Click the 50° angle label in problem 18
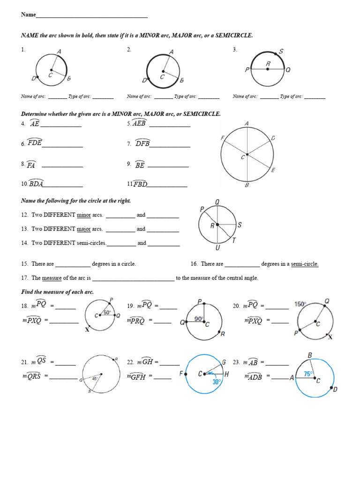click(107, 312)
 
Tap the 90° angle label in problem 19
click(199, 319)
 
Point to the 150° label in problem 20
click(300, 304)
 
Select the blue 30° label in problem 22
click(216, 382)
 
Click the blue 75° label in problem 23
click(307, 374)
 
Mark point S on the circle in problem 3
click(281, 52)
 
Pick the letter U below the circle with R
click(217, 248)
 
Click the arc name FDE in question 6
click(35, 143)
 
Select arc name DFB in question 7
click(142, 143)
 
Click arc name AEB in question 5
click(140, 123)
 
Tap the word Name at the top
click(28, 15)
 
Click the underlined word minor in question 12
click(84, 215)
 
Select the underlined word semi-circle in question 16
click(304, 264)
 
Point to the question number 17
click(24, 278)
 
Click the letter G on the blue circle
click(224, 362)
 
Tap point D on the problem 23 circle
click(335, 389)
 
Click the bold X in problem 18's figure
click(87, 330)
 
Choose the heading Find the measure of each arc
click(57, 292)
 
